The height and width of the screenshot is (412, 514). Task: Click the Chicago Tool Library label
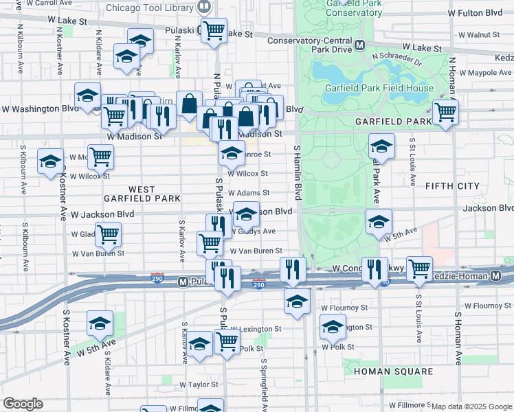pos(150,8)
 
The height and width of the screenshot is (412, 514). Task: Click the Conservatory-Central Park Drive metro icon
pos(360,45)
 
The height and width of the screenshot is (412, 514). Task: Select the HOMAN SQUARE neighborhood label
pos(394,371)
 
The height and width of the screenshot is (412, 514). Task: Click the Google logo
pos(23,404)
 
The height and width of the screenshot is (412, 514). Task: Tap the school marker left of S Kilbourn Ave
pos(50,161)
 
